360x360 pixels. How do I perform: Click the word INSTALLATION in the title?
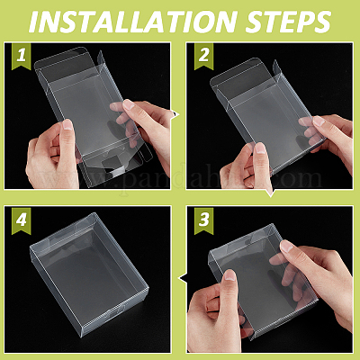[132, 22]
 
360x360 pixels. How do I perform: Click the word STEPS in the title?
[289, 22]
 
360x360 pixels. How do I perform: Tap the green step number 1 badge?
[22, 56]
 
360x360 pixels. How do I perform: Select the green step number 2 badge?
[203, 56]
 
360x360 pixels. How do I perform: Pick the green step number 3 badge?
[203, 220]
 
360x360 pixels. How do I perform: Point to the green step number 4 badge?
[22, 220]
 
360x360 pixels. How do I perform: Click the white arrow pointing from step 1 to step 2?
[175, 114]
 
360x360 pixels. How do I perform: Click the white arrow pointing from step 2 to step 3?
[271, 193]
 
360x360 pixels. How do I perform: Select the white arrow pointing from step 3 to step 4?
[183, 279]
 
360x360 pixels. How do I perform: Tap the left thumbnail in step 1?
[67, 124]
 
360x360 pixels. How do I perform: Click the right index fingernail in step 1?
[129, 103]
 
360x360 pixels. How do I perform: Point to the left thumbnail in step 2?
[260, 148]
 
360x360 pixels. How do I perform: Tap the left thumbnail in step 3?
[230, 275]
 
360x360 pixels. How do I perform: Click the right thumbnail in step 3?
[287, 246]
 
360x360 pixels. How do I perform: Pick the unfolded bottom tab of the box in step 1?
[114, 163]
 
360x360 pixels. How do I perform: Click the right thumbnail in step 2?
[319, 121]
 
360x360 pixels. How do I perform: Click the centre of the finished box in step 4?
[89, 274]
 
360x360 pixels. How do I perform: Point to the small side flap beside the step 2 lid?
[276, 68]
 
